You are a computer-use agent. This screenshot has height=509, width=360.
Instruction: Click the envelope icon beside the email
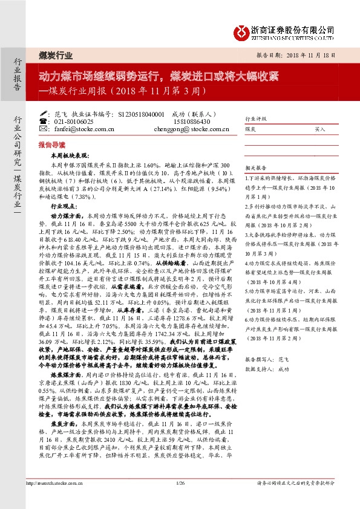(x=42, y=129)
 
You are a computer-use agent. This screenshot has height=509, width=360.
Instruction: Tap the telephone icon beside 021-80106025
(x=42, y=121)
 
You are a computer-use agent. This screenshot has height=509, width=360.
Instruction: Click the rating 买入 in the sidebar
(x=320, y=129)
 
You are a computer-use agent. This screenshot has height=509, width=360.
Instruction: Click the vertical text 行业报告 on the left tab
(x=16, y=75)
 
